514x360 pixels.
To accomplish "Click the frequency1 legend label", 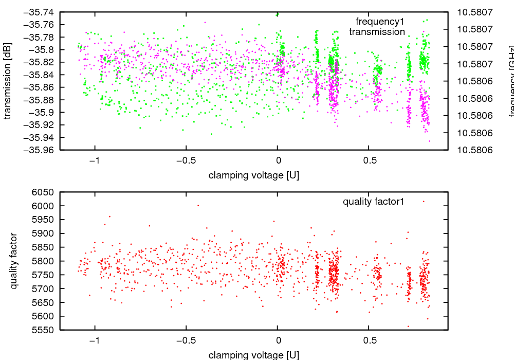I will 380,22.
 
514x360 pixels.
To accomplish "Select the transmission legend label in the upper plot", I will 377,32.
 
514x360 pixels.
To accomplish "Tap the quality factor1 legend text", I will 374,202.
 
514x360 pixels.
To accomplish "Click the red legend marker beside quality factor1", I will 424,202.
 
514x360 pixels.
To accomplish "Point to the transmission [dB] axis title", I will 7,80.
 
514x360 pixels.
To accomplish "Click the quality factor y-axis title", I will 14,261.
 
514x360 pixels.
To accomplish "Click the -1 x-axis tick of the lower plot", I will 95,340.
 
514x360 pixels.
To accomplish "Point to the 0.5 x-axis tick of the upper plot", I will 368,160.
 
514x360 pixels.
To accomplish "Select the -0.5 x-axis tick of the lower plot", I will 184,340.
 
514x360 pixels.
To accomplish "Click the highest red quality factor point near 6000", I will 198,205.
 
